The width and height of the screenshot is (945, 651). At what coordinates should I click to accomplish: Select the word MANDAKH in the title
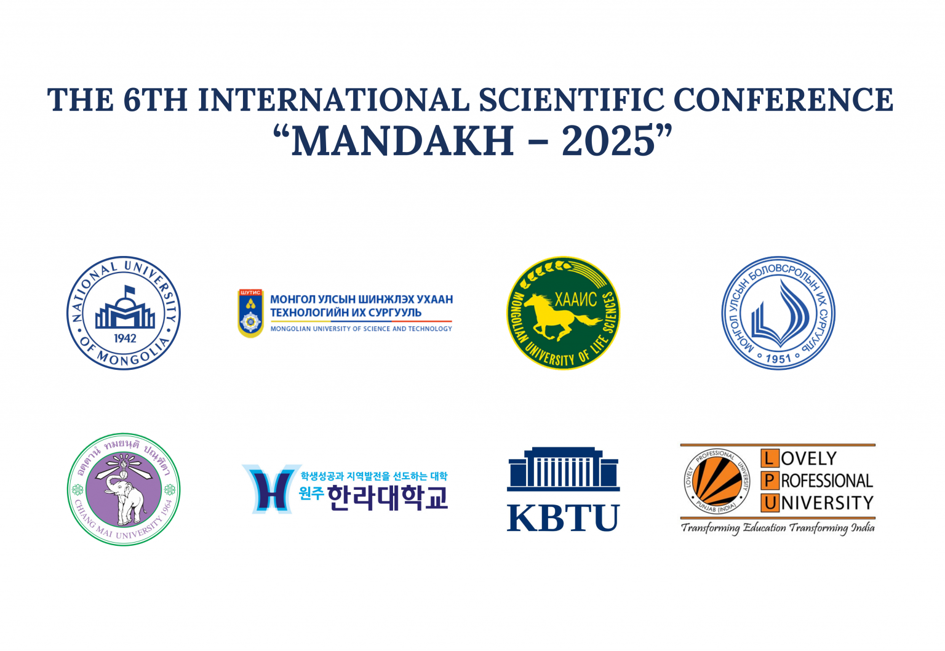click(402, 141)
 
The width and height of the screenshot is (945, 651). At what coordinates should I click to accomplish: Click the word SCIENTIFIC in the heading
click(572, 100)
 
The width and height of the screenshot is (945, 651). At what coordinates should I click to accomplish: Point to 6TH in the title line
click(155, 100)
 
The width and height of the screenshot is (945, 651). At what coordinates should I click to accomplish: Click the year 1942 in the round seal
click(125, 338)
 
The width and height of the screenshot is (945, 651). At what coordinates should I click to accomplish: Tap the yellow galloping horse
click(561, 314)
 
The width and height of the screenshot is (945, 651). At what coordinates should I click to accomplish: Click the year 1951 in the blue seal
click(778, 357)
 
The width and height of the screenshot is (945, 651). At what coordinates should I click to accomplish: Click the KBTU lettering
click(563, 518)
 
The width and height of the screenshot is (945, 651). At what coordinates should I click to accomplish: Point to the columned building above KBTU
click(563, 469)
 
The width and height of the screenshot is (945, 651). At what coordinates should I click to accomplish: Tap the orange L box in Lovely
click(769, 458)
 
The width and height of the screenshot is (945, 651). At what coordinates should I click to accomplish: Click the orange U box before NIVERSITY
click(769, 503)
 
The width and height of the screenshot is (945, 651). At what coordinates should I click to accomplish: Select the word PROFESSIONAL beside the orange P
click(827, 481)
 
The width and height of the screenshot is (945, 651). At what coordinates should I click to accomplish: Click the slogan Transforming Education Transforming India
click(777, 528)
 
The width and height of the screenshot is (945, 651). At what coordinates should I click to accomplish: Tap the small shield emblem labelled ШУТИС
click(250, 313)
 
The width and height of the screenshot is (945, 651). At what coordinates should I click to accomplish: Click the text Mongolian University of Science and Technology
click(361, 329)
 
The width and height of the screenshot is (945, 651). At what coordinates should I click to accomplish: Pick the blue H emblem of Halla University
click(271, 489)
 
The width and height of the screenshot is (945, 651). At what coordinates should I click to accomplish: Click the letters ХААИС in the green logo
click(575, 300)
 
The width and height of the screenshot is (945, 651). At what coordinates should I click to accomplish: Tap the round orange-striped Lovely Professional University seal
click(717, 481)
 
